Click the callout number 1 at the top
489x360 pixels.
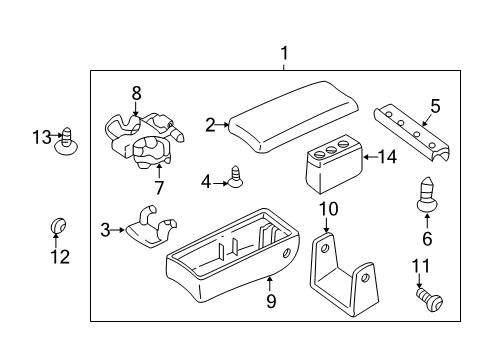click(x=284, y=53)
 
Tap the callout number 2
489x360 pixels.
click(x=211, y=125)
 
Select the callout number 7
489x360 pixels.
click(x=157, y=188)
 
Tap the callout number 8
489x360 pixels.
click(x=137, y=92)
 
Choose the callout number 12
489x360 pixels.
click(x=60, y=257)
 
